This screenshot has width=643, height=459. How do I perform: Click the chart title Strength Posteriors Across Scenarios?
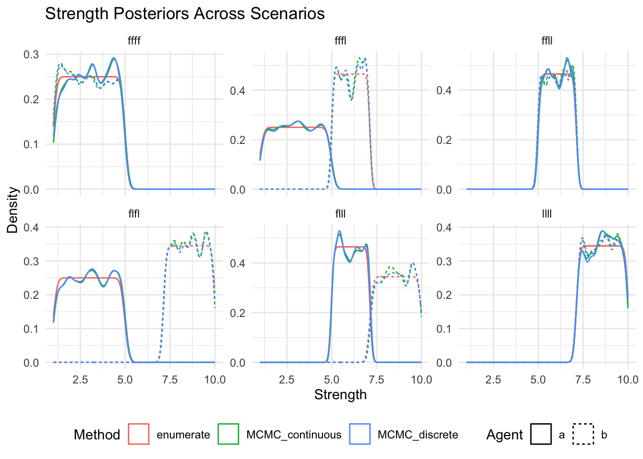185,14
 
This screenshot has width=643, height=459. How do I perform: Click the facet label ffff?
134,41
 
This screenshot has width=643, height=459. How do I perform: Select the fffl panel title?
340,41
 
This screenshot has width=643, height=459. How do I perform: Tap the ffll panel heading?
547,41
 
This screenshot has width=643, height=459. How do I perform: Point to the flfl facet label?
134,214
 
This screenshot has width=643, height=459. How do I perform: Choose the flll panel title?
340,214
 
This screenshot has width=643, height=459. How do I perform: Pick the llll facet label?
547,214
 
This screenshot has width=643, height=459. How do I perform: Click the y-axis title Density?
12,210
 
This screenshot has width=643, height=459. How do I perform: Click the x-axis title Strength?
340,395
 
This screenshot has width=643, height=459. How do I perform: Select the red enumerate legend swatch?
139,434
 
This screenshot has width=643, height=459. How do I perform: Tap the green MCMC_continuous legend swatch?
228,434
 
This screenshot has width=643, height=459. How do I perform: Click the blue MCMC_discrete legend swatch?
360,434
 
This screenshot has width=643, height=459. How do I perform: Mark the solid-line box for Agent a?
541,434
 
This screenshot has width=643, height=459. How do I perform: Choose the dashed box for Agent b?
583,434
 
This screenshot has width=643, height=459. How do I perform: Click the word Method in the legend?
97,435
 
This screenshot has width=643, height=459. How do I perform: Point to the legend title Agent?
505,435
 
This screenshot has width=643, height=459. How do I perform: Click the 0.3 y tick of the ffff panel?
31,55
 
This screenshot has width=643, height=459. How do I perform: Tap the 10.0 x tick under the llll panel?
628,380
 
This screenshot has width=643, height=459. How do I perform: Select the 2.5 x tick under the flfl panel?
80,380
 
